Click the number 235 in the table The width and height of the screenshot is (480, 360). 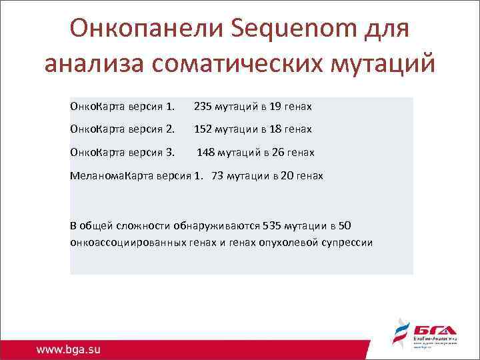tap(203, 107)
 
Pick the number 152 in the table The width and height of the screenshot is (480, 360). tap(203, 129)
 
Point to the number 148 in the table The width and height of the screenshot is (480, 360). tap(206, 153)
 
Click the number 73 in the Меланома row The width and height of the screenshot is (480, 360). tap(217, 176)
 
